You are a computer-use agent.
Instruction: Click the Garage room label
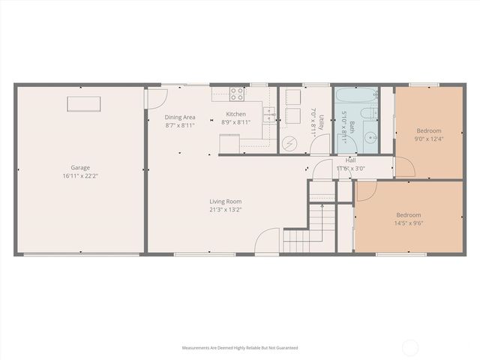80,167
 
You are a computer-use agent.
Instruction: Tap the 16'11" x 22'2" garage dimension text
80,176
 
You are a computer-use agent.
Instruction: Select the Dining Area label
180,117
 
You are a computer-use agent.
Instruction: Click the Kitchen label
235,114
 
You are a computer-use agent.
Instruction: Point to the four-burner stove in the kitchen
237,94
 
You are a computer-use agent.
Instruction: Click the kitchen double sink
269,115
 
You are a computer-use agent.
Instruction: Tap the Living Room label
226,201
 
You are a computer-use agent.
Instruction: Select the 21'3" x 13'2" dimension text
226,210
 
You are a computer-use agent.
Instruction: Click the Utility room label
322,122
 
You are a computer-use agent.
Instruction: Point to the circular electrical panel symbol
289,144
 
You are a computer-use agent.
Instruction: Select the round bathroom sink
371,138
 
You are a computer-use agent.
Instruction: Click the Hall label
350,160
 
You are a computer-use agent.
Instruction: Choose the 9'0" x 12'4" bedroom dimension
429,139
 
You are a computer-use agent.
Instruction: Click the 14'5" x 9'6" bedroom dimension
409,223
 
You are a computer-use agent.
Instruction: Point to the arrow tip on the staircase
322,205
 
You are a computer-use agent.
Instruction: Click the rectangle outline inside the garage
84,103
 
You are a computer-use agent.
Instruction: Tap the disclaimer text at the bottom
240,348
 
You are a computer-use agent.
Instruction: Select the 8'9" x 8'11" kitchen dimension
236,122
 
